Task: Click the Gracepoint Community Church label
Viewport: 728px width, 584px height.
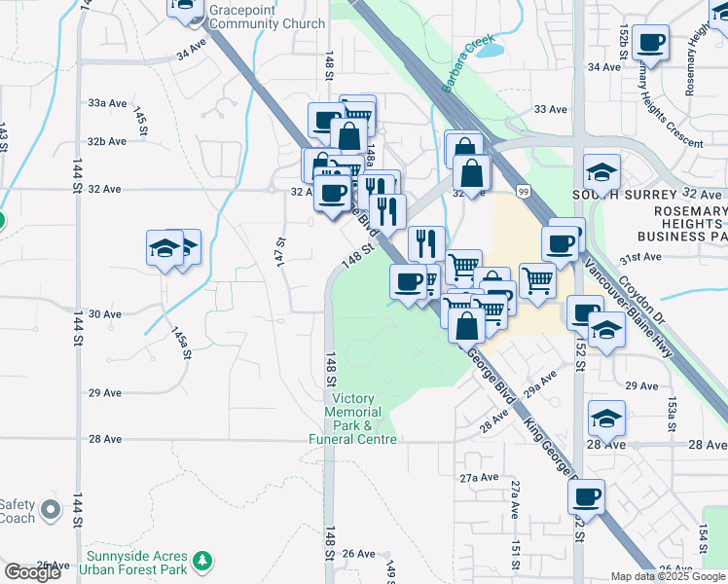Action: (267, 16)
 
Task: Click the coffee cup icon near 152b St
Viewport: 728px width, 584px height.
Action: (650, 43)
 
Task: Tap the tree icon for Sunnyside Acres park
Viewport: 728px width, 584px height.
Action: (202, 561)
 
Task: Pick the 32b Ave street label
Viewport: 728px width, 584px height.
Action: (107, 141)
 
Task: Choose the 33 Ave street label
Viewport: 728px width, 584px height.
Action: (550, 109)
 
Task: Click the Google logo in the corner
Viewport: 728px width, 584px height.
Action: (32, 571)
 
